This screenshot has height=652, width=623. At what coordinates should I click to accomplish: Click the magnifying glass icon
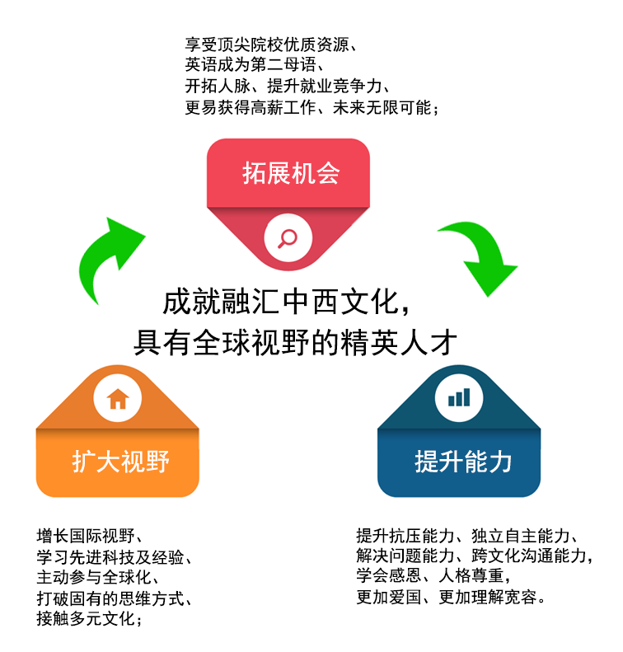(287, 237)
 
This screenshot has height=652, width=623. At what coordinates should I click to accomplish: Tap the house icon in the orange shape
(118, 399)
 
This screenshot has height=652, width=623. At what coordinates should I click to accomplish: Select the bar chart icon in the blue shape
(459, 399)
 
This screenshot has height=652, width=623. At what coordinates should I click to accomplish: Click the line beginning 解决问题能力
(474, 556)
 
